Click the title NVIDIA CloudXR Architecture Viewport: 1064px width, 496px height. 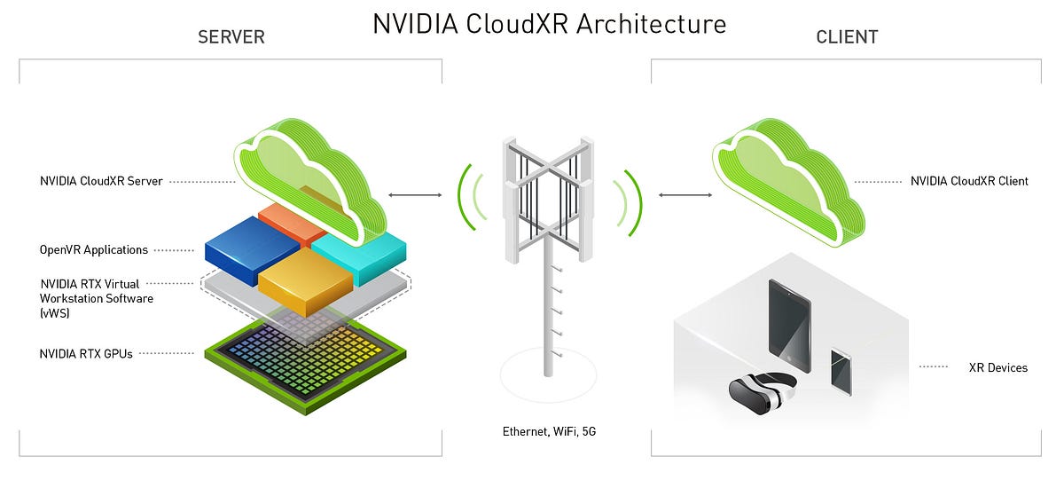[x=549, y=24]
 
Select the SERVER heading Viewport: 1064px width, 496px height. [x=231, y=37]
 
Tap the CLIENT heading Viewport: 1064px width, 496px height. [x=846, y=37]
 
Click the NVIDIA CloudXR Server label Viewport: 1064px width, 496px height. [x=101, y=181]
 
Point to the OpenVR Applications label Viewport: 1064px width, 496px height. [x=94, y=250]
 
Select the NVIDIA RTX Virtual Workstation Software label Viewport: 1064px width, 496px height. [x=96, y=299]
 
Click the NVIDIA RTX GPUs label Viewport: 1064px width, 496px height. [x=86, y=353]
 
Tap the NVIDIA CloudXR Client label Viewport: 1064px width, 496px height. [x=969, y=181]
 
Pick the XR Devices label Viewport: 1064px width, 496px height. [x=997, y=366]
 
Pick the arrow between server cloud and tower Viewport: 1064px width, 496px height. [x=415, y=194]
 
